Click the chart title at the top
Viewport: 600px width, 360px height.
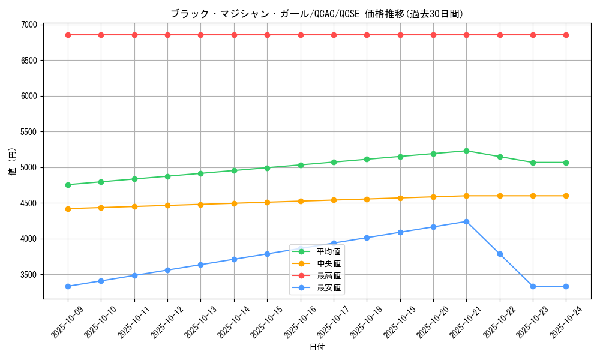click(317, 14)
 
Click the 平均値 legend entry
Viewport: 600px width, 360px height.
click(328, 251)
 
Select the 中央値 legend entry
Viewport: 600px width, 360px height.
click(328, 263)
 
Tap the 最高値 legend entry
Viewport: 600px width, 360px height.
click(328, 275)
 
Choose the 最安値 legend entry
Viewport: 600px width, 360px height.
click(328, 287)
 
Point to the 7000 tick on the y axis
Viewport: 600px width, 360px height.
click(28, 25)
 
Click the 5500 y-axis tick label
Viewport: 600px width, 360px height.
click(28, 132)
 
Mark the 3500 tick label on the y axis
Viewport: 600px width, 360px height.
click(28, 275)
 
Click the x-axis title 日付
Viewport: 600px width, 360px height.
click(317, 347)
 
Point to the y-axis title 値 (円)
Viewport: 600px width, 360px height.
click(13, 161)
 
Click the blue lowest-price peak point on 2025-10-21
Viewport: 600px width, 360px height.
click(466, 221)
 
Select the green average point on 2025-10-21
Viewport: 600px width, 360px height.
click(466, 151)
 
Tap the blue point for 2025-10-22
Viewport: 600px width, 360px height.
click(500, 254)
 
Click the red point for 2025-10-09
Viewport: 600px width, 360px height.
click(68, 35)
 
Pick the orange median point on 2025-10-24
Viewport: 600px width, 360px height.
click(566, 196)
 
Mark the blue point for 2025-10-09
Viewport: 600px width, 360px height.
click(68, 286)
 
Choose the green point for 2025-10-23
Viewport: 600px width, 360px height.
click(533, 163)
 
